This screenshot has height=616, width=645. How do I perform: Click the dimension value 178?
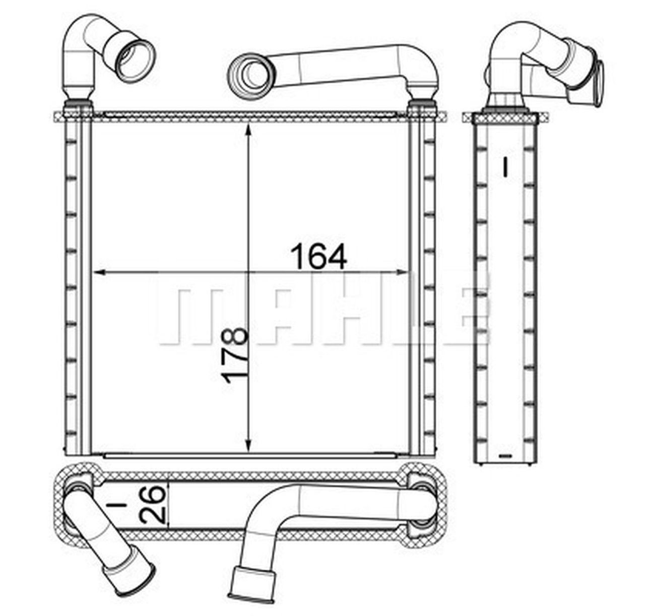click(x=237, y=355)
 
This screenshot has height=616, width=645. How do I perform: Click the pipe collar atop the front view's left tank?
click(x=79, y=104)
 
